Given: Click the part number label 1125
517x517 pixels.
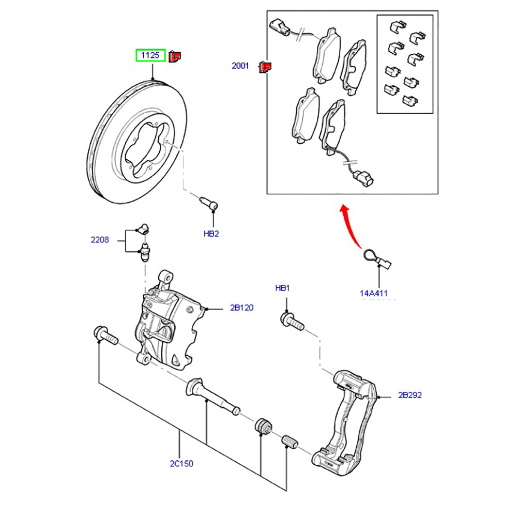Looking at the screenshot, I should [150, 55].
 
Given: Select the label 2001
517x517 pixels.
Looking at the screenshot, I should [240, 66].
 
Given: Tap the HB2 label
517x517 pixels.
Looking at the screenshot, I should [211, 234].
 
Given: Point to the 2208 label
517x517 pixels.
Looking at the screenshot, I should [100, 240].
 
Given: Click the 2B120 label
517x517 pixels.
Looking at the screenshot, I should [242, 308].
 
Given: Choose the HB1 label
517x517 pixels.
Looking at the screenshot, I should [282, 288].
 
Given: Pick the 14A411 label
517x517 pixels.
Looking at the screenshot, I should [373, 293].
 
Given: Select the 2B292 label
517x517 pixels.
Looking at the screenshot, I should [410, 396].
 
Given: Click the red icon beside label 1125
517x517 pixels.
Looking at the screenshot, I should [175, 55].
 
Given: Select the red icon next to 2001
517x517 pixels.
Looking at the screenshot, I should [265, 67].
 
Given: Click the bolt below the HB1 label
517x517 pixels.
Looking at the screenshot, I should [292, 321].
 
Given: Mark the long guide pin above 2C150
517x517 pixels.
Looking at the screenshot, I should [212, 397].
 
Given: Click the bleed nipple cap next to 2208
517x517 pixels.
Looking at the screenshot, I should [143, 228].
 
